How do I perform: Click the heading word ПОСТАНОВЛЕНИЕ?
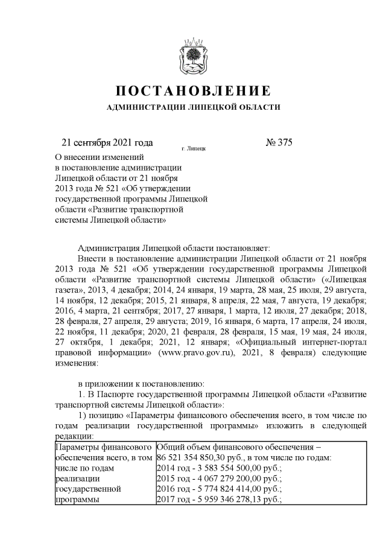click(192, 92)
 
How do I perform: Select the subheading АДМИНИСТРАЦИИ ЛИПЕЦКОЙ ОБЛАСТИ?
click(193, 107)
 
